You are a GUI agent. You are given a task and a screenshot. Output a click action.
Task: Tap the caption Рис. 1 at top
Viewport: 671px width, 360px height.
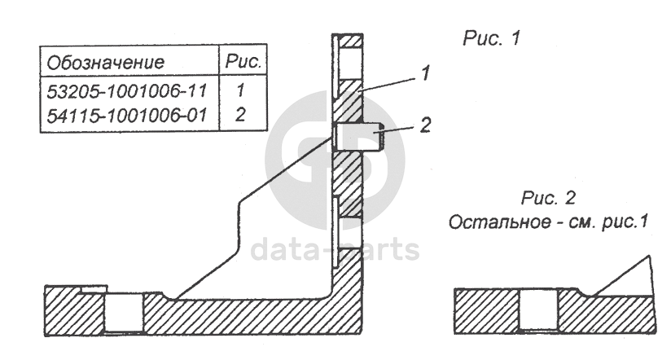point(492,38)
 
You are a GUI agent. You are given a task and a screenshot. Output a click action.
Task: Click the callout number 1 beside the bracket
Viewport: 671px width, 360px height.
point(426,73)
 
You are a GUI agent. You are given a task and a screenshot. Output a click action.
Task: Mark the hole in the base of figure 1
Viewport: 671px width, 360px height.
point(124,313)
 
